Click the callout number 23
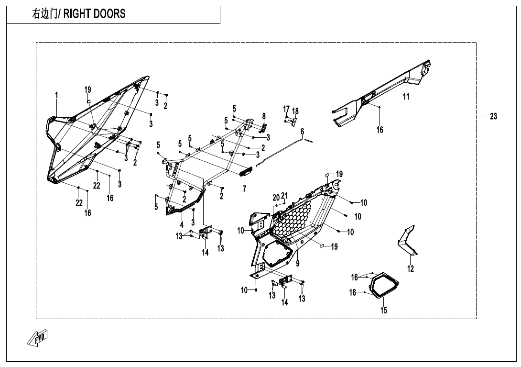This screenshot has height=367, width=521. point(493,116)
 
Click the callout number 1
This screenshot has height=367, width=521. point(56,95)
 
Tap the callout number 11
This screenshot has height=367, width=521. point(406,97)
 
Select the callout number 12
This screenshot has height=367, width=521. point(411,269)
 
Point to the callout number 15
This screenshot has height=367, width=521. point(383,311)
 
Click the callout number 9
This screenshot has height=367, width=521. point(298,263)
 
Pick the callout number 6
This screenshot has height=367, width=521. point(303,131)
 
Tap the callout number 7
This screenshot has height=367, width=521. point(244,189)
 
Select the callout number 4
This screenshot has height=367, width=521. point(182,224)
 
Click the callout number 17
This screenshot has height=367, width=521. point(286,109)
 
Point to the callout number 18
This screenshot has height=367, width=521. point(295,111)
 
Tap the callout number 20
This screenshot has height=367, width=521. point(276,198)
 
